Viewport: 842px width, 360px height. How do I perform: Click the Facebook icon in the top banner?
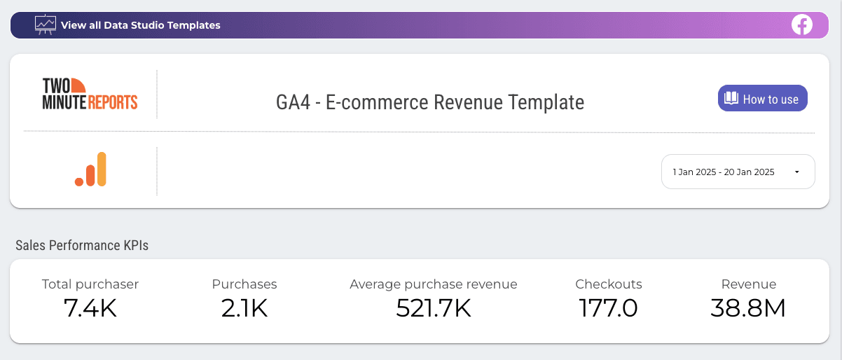tap(801, 25)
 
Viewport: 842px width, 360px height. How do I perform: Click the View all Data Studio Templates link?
tap(140, 25)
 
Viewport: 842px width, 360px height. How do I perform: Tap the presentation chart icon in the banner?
tap(46, 25)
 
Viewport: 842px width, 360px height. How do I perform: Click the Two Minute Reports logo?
tap(90, 94)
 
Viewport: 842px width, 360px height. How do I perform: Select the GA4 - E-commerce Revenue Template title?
tap(430, 102)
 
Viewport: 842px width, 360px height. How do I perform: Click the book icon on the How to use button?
tap(731, 99)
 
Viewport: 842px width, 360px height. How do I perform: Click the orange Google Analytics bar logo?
tap(90, 169)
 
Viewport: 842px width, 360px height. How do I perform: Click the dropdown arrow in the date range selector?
tap(796, 172)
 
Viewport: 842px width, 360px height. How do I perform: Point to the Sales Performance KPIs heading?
tap(82, 245)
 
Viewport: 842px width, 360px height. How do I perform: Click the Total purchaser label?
tap(90, 284)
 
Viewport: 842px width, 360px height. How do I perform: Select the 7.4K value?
tap(90, 307)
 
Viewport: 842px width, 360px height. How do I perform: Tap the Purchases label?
tap(244, 284)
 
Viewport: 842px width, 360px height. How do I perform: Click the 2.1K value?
tap(244, 307)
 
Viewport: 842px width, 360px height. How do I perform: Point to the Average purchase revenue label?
tap(434, 284)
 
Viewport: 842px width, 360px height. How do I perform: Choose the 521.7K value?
tap(434, 307)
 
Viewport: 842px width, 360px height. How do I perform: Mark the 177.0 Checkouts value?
tap(609, 307)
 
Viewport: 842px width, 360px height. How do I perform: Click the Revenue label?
tap(749, 284)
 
